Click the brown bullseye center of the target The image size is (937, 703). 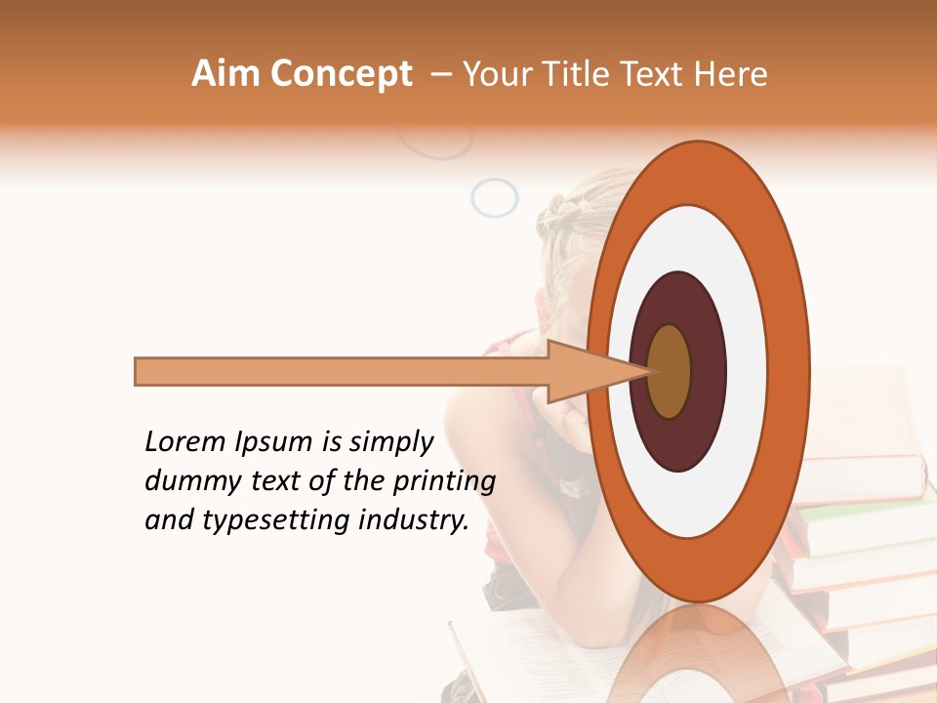669,372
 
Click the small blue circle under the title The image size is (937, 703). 494,198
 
